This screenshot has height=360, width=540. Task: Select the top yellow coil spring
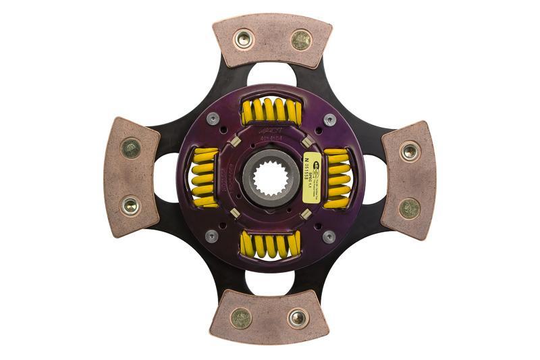[271, 111]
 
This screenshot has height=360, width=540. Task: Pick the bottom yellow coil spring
[270, 245]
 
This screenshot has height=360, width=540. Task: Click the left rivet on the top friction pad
[243, 38]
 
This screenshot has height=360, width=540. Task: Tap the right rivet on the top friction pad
[301, 39]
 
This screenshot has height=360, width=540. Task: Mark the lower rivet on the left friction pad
[130, 205]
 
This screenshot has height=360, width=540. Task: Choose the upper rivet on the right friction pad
[410, 151]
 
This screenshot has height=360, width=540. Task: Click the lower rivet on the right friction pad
[409, 208]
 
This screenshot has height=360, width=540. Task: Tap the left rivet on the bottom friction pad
[240, 317]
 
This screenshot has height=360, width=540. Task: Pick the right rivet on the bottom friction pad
[298, 317]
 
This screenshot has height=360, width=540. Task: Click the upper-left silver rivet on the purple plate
[212, 119]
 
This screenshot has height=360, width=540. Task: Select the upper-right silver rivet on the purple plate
[329, 120]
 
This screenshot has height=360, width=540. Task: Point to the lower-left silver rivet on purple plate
[211, 236]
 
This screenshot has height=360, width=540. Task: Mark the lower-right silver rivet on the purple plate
[329, 237]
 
